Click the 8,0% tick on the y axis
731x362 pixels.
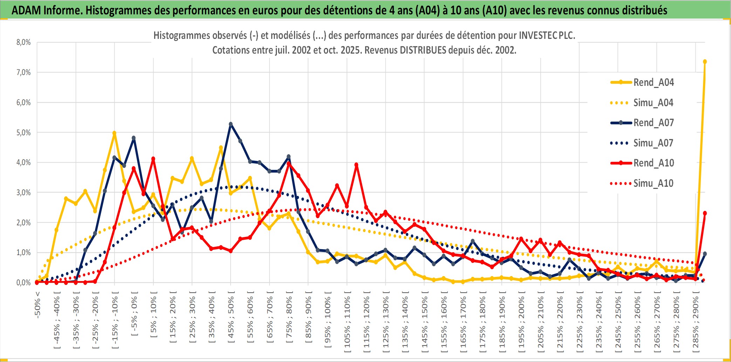coord(23,42)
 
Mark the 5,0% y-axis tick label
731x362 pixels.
coord(23,132)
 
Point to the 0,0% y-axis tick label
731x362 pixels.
coord(23,282)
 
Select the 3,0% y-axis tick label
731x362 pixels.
coord(23,192)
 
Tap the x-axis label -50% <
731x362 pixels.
coord(37,305)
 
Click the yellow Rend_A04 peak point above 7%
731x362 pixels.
coord(705,62)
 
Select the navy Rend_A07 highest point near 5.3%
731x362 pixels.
coord(231,124)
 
